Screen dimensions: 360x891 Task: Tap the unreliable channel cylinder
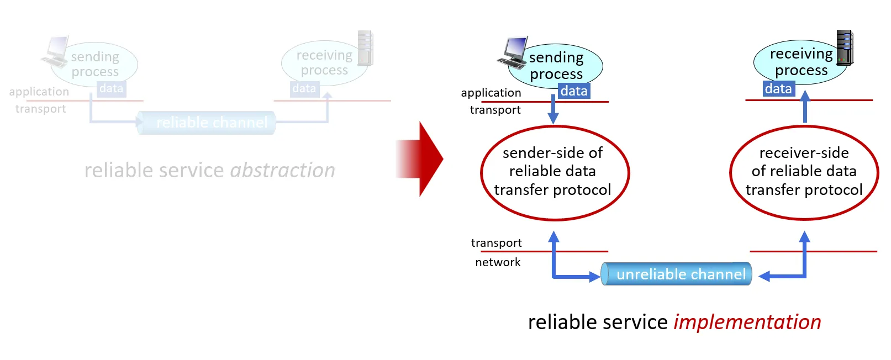[x=677, y=274]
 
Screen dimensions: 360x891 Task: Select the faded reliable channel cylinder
[x=207, y=123]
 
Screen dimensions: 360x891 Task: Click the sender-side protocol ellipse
[x=555, y=172]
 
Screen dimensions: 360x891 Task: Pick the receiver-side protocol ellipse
[x=804, y=172]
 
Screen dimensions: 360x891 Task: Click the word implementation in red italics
[x=747, y=322]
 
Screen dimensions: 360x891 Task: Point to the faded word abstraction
[x=282, y=171]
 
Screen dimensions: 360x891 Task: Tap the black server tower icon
[x=845, y=48]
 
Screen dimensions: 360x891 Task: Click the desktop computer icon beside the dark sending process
[x=514, y=52]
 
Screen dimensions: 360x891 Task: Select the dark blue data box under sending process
[x=574, y=91]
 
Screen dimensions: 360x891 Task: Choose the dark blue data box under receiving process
[x=778, y=89]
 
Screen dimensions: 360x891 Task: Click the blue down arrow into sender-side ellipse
[x=553, y=110]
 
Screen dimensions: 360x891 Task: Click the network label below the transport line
[x=498, y=262]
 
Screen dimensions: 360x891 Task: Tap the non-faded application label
[x=491, y=93]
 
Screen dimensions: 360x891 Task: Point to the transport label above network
[x=496, y=243]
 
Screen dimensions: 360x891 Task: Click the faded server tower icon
[x=365, y=49]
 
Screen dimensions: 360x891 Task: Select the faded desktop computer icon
[x=56, y=52]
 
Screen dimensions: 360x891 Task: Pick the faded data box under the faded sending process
[x=111, y=89]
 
